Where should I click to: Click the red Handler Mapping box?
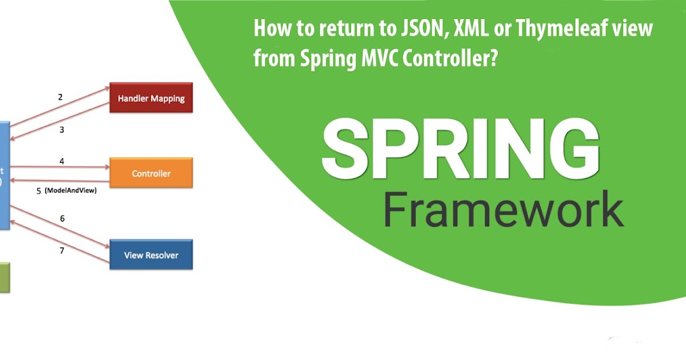pos(151,98)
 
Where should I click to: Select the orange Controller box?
pos(151,173)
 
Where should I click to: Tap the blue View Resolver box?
pos(151,255)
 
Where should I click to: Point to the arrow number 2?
pos(60,97)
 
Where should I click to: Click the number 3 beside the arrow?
pos(62,130)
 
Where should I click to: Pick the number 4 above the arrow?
pos(62,162)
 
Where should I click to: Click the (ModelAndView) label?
pos(70,191)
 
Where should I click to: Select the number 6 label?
pos(62,218)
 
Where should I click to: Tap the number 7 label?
pos(62,250)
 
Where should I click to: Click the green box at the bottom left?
pos(5,278)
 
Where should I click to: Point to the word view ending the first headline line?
pos(636,29)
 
